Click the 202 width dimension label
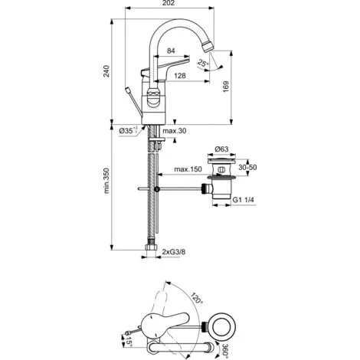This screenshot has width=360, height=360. (169, 3)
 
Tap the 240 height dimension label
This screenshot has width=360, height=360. (106, 71)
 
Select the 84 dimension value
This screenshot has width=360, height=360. (171, 51)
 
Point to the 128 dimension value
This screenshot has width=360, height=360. (180, 76)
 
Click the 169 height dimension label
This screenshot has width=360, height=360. (226, 87)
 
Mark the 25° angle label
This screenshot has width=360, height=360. (203, 63)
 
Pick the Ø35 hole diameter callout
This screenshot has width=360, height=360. (129, 131)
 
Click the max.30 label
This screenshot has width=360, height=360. (175, 131)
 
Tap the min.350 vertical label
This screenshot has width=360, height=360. (106, 181)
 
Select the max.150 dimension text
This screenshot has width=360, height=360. (188, 169)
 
